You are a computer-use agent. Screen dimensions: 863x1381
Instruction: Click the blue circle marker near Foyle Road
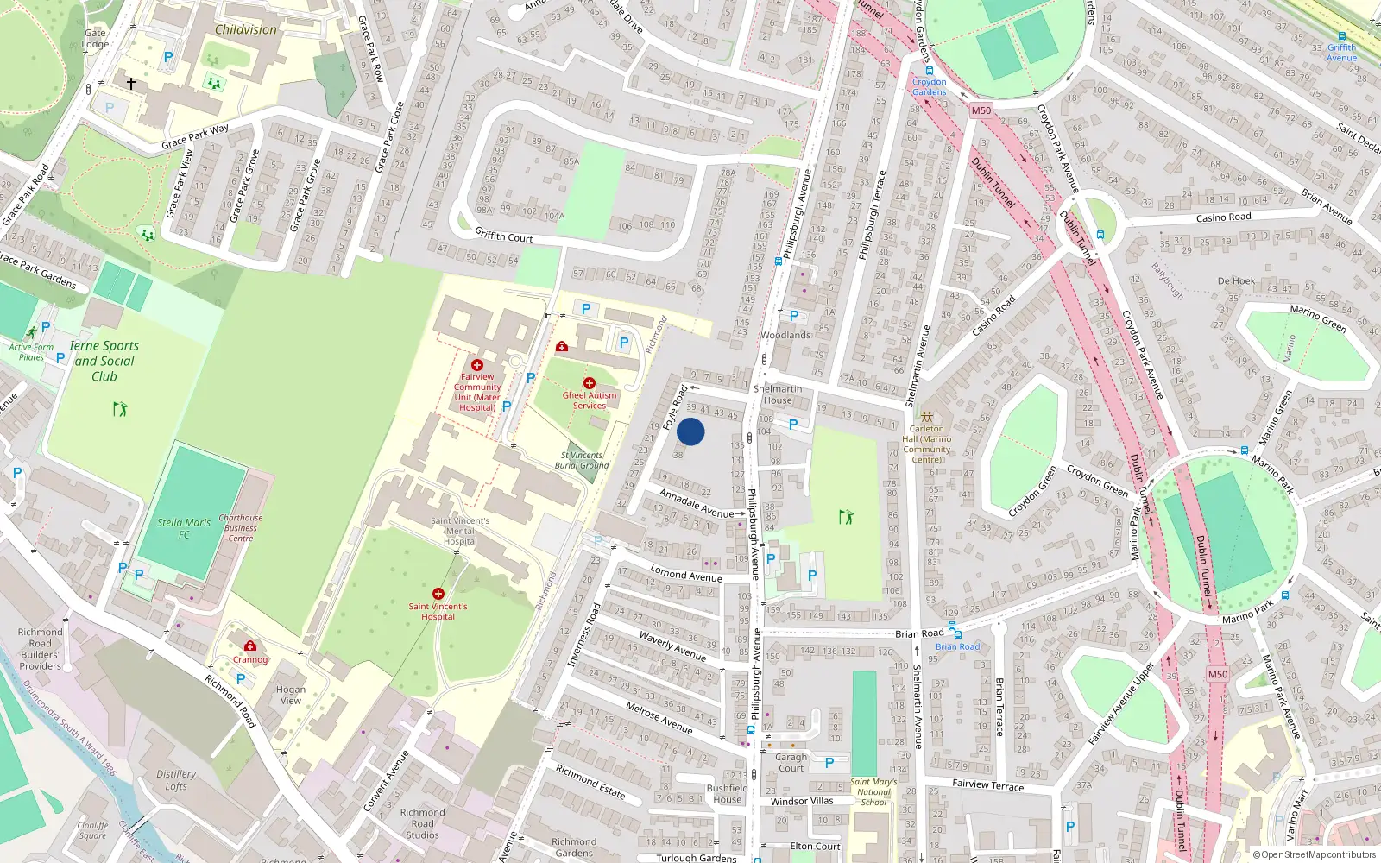[690, 431]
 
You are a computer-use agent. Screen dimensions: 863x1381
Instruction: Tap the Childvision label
[246, 29]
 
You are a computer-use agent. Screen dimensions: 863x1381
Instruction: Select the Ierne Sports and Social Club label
[104, 361]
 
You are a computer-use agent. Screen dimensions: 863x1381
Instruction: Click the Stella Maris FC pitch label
[184, 528]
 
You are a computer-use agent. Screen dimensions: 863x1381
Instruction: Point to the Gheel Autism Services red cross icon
[590, 382]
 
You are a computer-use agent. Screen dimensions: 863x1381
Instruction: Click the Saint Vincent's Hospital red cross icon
[438, 594]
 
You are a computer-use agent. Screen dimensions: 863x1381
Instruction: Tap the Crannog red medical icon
[250, 646]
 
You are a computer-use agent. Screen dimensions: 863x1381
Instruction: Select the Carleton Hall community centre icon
[927, 416]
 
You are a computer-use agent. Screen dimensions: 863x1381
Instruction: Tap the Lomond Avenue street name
[686, 575]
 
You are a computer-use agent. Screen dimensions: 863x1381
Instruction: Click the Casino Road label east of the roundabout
[1223, 217]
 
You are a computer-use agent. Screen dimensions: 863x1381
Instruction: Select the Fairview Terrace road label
[987, 784]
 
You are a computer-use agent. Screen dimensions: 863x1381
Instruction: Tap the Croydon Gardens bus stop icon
[929, 72]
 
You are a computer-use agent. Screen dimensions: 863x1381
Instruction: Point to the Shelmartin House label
[778, 394]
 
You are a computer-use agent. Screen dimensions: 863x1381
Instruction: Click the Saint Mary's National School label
[873, 791]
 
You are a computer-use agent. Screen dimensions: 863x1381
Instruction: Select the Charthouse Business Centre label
[241, 528]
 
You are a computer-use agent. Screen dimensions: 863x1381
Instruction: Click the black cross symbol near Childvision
[131, 84]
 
